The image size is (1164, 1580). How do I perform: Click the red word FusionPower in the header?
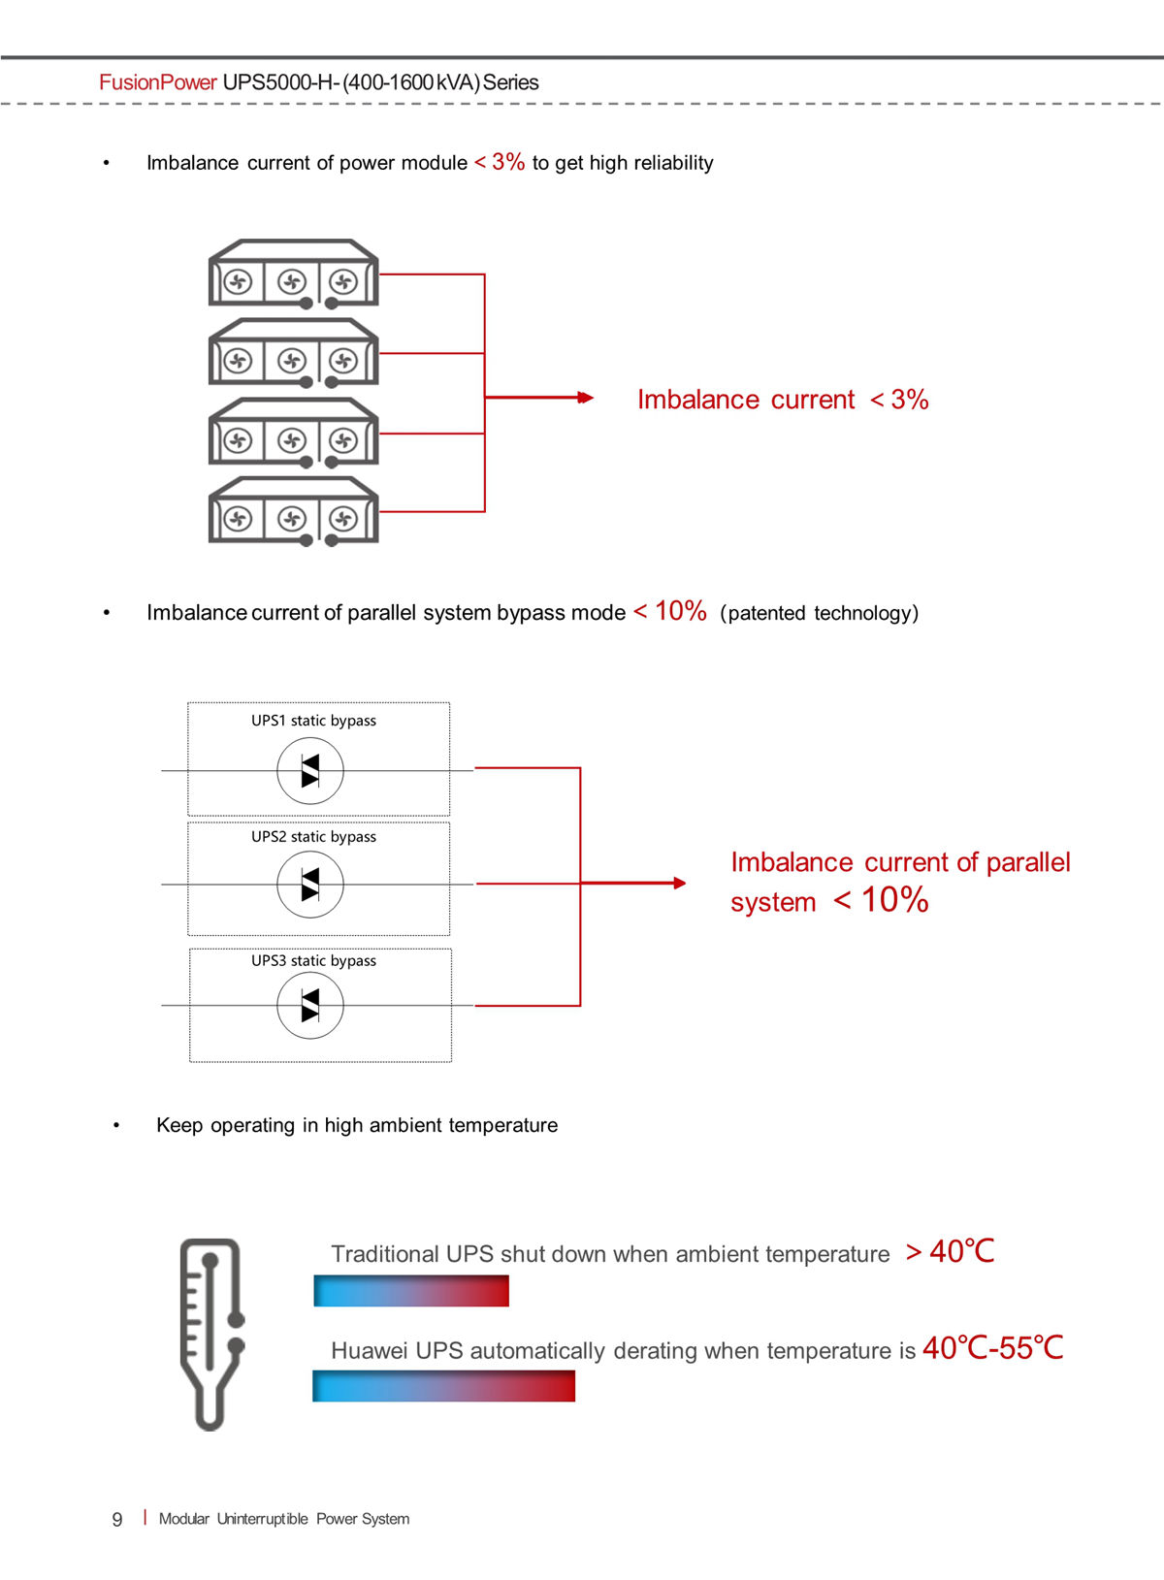click(157, 82)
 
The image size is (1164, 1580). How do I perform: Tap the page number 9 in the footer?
click(117, 1519)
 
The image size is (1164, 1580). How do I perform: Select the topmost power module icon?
click(294, 274)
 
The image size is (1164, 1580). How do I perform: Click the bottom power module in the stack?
click(294, 511)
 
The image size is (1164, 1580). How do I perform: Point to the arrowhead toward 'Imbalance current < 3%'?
click(586, 398)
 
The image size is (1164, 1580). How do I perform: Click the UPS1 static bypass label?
click(314, 721)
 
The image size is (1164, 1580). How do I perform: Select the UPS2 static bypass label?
click(314, 836)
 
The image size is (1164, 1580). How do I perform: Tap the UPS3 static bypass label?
click(314, 960)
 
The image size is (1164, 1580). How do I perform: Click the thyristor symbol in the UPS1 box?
click(310, 770)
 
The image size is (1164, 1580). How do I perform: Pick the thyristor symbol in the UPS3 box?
click(310, 1005)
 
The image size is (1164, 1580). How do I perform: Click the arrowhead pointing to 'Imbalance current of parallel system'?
click(679, 883)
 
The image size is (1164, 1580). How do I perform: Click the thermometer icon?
click(211, 1334)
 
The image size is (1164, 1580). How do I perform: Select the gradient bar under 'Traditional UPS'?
click(411, 1291)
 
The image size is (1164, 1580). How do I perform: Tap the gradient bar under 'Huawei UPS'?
click(443, 1386)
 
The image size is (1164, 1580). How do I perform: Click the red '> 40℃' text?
click(951, 1252)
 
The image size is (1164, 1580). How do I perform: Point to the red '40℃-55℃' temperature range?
click(993, 1348)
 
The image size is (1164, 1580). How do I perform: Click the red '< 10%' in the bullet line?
click(670, 611)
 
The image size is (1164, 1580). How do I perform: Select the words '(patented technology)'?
click(819, 613)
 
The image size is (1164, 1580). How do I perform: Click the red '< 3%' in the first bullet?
click(501, 162)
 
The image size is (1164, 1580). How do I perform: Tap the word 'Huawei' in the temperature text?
click(370, 1351)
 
